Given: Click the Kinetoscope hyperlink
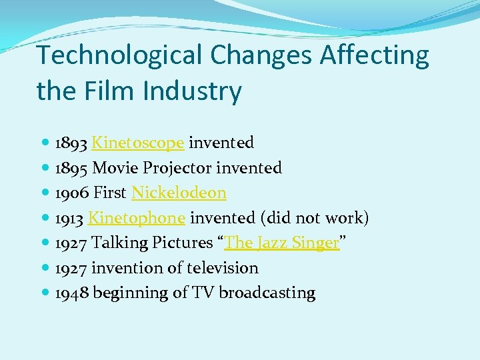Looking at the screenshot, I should tap(137, 143).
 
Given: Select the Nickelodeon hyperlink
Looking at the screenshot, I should tap(179, 193).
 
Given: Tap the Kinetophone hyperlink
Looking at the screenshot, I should tap(136, 218).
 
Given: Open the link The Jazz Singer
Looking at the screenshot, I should tap(282, 243).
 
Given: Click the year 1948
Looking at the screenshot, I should tap(71, 293).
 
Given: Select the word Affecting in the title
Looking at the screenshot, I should tap(375, 56).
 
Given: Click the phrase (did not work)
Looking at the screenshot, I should tap(313, 218).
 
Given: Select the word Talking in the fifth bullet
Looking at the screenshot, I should tap(118, 243).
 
